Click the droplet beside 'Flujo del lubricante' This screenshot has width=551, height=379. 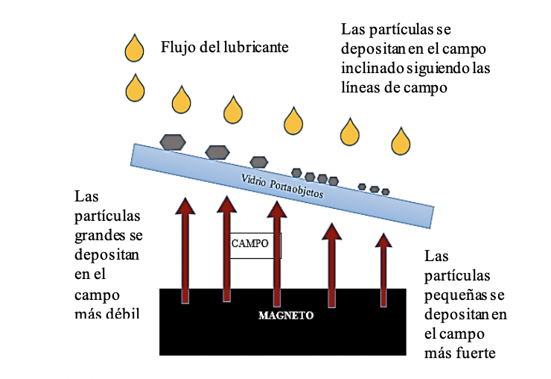tap(135, 49)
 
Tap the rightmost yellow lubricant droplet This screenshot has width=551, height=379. tap(401, 140)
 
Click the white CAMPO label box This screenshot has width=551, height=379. tap(249, 243)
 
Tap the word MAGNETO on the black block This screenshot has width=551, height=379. tap(286, 315)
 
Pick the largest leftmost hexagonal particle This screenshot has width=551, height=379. tap(172, 142)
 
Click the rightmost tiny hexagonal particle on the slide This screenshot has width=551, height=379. tap(385, 192)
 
